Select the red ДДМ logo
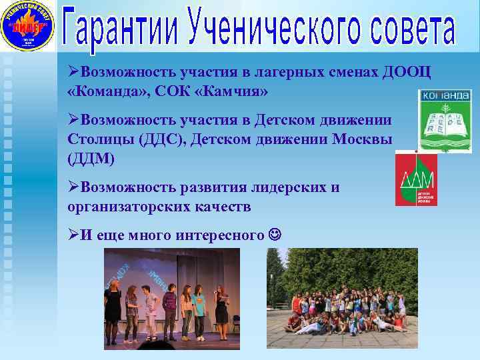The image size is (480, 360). point(417,178)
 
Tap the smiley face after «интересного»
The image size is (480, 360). point(275,235)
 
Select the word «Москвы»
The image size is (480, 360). point(361,141)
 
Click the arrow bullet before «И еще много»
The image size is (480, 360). point(73,235)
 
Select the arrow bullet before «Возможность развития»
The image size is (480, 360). point(73,188)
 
